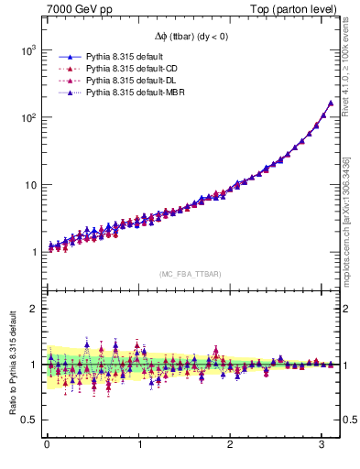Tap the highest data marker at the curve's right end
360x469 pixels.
pos(330,103)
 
